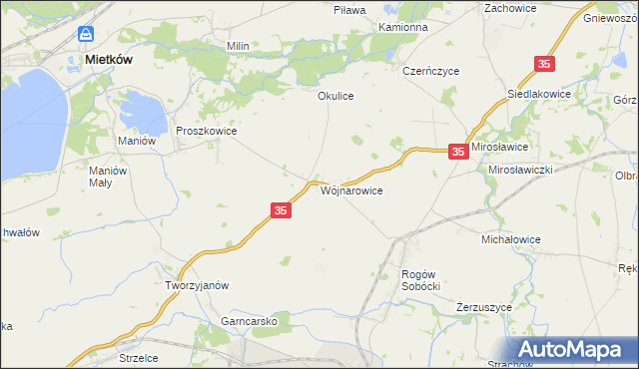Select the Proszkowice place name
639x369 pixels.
coord(206,131)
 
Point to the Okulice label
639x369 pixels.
coord(336,96)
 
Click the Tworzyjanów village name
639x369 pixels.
coord(197,284)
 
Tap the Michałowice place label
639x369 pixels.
coord(510,240)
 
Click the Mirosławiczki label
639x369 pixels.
coord(520,170)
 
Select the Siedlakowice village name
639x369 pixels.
coord(540,93)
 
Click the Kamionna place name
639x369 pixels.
coord(403,27)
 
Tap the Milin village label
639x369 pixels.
coord(238,46)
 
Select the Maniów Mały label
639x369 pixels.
coord(108,176)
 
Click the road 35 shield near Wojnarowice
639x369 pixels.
coord(281,210)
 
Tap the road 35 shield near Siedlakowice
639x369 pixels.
coord(544,64)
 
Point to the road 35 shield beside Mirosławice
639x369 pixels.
coord(457,152)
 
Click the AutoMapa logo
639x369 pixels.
coord(574,350)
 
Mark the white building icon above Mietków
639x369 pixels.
coord(87,34)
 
